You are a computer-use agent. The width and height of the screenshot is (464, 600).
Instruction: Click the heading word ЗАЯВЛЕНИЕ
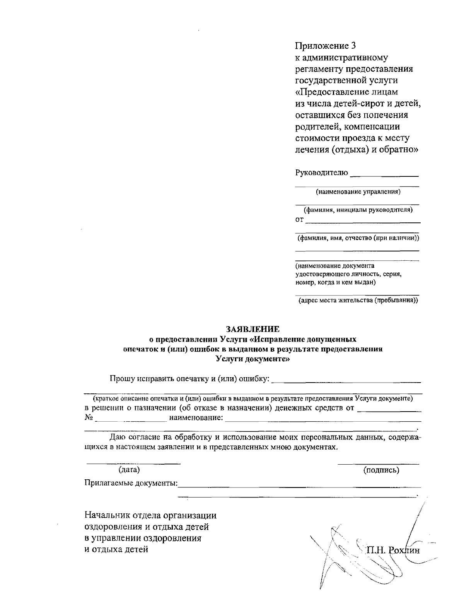[252, 329]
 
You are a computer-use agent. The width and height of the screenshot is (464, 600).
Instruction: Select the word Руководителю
[322, 173]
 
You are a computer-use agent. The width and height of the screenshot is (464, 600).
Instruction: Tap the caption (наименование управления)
[358, 191]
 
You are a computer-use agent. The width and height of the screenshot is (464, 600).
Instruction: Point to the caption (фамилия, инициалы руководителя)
[358, 210]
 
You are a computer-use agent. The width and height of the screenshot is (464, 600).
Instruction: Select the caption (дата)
[129, 470]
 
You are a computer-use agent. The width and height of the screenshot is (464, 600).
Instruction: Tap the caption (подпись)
[381, 470]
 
